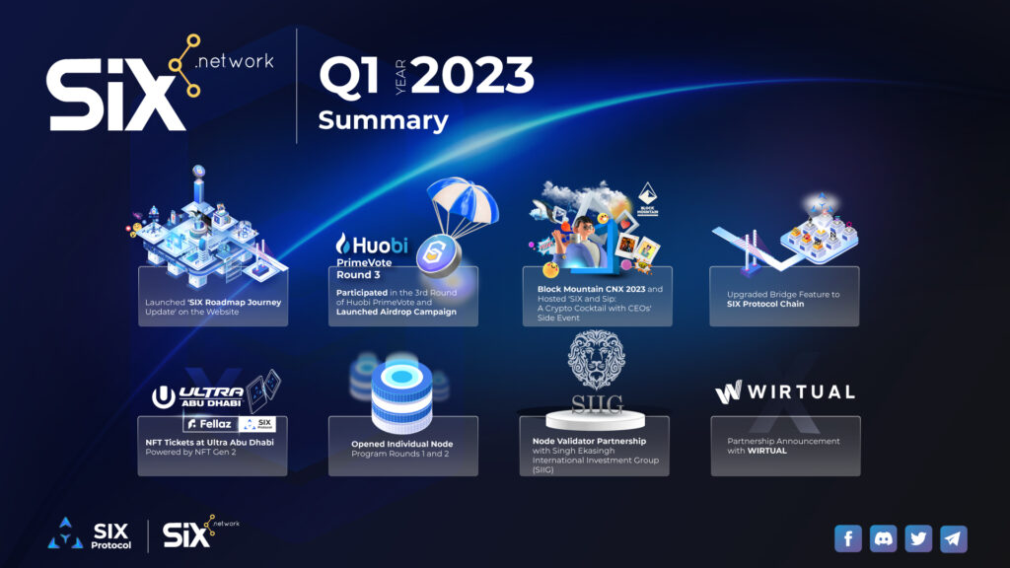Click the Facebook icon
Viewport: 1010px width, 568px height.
[x=848, y=538]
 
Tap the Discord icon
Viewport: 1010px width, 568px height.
[x=883, y=538]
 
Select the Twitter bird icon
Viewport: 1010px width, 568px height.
[x=918, y=538]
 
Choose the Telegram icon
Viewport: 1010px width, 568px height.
[x=953, y=538]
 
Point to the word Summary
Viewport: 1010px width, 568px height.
[x=383, y=120]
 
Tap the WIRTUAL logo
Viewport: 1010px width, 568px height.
[x=784, y=391]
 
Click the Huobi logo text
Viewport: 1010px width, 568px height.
[x=372, y=244]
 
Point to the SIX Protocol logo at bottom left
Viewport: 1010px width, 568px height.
[x=90, y=533]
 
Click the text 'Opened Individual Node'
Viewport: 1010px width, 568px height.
[x=400, y=444]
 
